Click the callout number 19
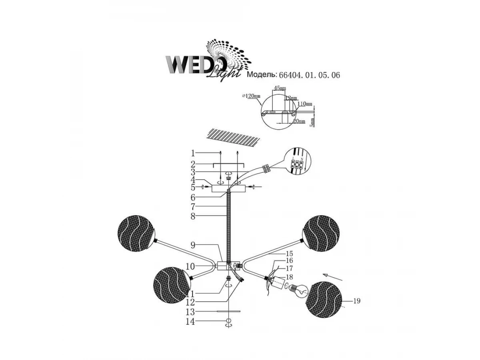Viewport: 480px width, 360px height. (357, 301)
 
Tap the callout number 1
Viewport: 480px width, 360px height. (192, 153)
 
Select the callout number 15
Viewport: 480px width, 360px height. (289, 254)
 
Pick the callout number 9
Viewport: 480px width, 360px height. (192, 244)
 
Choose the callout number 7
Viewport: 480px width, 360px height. (192, 207)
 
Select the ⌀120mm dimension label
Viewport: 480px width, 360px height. (251, 96)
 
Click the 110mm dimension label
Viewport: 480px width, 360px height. (305, 104)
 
